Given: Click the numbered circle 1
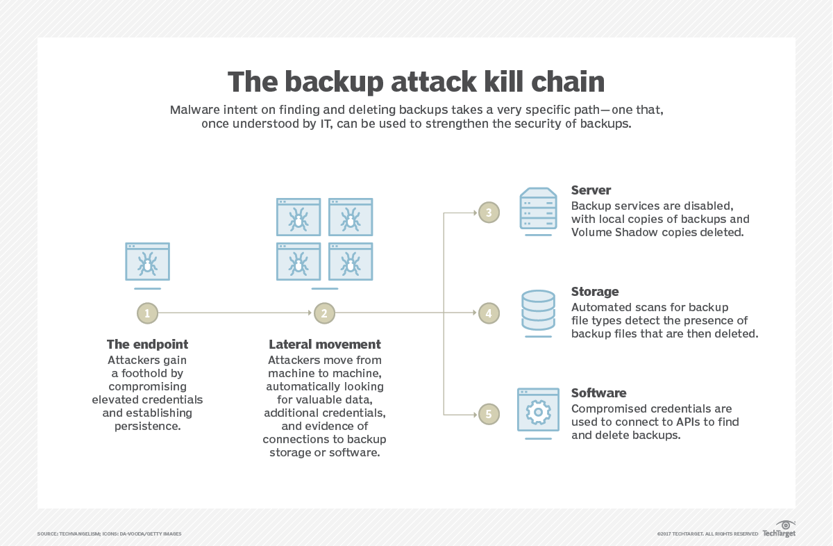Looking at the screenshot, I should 147,313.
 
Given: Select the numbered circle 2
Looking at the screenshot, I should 323,313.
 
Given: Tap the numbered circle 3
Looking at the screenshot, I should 489,213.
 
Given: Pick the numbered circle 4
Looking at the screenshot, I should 489,313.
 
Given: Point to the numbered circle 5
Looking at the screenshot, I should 489,414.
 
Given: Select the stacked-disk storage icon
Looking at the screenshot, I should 538,312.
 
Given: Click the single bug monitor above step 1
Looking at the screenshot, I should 147,262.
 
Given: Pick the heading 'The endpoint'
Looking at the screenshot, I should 147,345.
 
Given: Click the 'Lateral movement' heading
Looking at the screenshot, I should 324,345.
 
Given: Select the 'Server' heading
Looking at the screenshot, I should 591,190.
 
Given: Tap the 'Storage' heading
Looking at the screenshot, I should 594,292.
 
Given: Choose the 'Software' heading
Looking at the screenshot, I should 598,393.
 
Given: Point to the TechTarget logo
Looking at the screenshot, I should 779,529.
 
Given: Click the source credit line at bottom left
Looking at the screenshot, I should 109,533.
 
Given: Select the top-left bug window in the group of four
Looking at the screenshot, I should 298,217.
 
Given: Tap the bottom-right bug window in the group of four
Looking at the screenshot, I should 351,261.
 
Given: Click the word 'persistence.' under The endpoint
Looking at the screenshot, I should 147,426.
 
